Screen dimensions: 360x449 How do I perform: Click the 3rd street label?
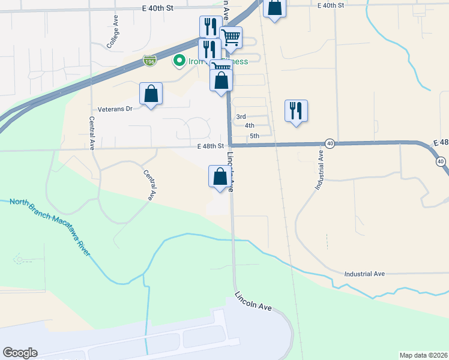click(x=241, y=116)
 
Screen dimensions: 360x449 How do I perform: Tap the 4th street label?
click(x=249, y=125)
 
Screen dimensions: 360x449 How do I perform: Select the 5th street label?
click(x=254, y=136)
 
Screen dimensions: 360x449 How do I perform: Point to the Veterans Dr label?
click(x=114, y=110)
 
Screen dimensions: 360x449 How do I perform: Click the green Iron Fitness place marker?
click(x=178, y=61)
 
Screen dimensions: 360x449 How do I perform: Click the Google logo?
click(x=20, y=353)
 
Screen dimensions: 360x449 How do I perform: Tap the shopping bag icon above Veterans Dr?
click(x=151, y=94)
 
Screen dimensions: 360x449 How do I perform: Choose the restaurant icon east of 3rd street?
click(x=296, y=111)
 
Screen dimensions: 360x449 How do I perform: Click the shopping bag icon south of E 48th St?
click(x=220, y=176)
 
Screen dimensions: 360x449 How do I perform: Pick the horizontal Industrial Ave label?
click(x=364, y=274)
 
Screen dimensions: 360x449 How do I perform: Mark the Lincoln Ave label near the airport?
click(x=253, y=301)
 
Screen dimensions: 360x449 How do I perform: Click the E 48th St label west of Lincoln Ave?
click(x=209, y=146)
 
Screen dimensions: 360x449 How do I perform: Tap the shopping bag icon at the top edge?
click(x=274, y=8)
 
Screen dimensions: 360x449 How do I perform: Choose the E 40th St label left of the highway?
click(x=157, y=8)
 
